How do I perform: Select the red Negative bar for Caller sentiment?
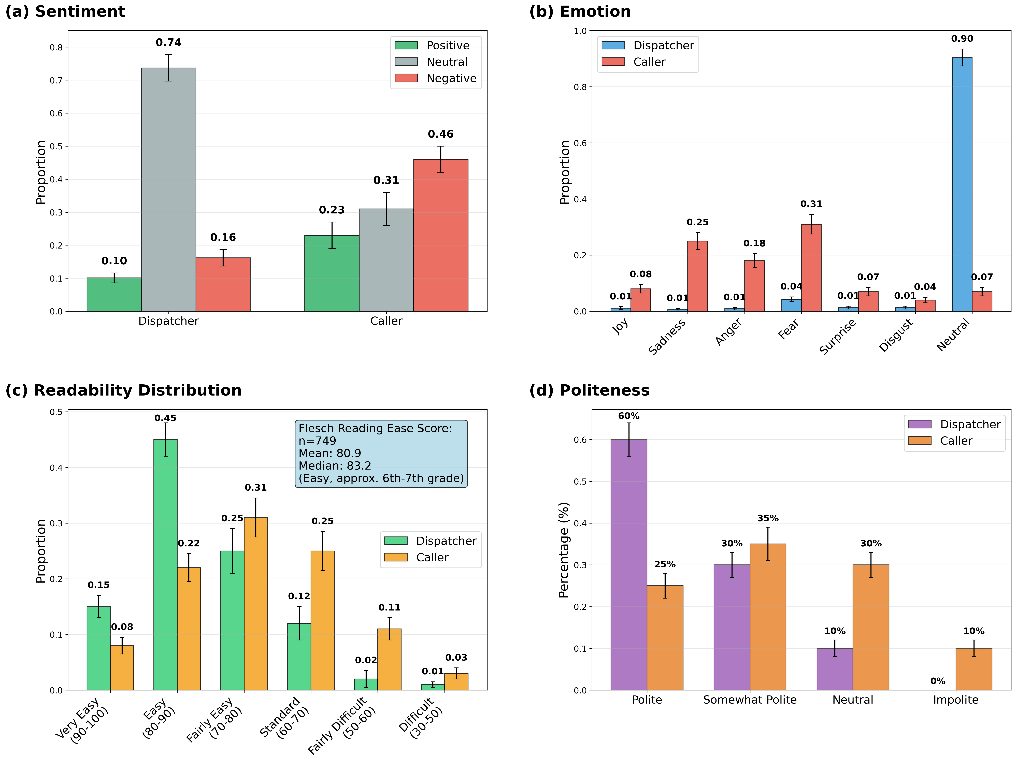click(440, 235)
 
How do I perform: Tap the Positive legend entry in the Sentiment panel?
click(447, 46)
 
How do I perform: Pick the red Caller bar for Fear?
click(811, 268)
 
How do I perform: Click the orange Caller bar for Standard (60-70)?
click(322, 620)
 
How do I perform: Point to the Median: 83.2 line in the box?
click(335, 466)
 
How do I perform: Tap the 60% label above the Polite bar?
click(628, 416)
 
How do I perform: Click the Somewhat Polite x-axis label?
click(750, 700)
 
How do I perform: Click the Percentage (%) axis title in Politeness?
click(564, 550)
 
